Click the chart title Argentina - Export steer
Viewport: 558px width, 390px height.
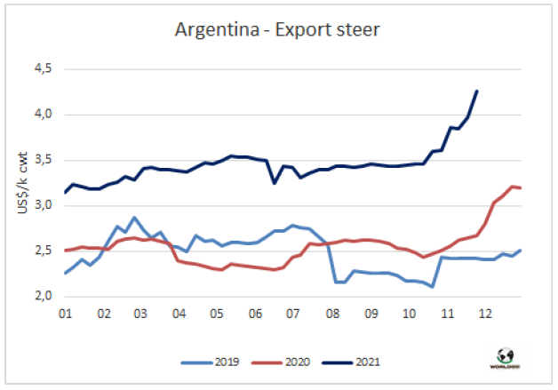click(x=278, y=32)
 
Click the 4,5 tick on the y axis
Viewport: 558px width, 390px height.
click(x=44, y=69)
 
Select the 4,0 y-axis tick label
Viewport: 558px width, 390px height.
click(x=44, y=115)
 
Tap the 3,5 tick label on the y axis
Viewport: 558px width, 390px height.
click(x=44, y=160)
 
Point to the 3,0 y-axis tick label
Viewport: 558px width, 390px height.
click(x=44, y=205)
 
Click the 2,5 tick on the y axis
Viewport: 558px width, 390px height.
click(x=44, y=251)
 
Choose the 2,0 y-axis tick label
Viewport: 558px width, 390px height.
click(x=44, y=296)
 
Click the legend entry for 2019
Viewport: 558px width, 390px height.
click(x=221, y=363)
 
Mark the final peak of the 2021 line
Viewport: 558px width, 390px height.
click(x=477, y=91)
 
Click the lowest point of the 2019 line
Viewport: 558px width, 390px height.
click(x=432, y=287)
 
